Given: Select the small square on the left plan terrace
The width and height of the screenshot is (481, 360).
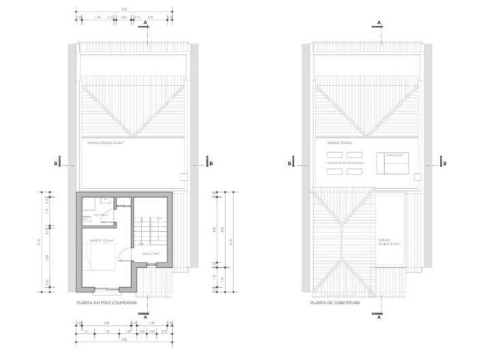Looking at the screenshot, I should (182, 176).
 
